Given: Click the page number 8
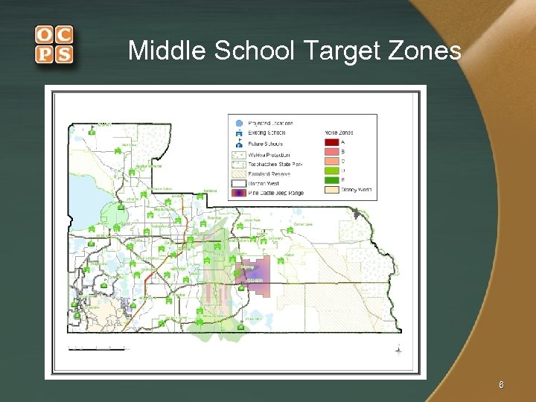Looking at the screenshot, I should pos(501,385).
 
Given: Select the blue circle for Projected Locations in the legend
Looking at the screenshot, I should pos(238,123).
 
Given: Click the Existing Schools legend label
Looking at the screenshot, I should pos(267,133).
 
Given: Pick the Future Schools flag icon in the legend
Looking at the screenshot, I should pos(238,143).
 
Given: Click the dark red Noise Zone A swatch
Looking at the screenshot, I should pos(331,141).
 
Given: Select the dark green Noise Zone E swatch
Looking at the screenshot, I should pos(331,179).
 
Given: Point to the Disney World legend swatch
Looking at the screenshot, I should pos(331,190).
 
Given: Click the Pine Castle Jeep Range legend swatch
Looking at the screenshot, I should pos(238,192).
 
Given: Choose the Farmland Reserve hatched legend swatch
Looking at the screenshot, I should pos(238,173).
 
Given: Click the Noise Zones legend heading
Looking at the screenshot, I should pos(339,132).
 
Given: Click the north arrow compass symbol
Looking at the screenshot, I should pos(399,350).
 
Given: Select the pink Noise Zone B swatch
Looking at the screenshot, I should pos(331,151).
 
